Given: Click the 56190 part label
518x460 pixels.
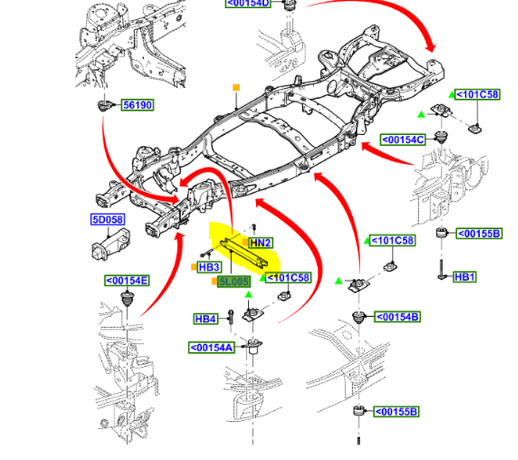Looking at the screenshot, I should tap(137, 106).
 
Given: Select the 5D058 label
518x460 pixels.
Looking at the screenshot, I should tap(107, 219).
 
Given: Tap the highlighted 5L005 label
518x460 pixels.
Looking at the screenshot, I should tap(234, 282).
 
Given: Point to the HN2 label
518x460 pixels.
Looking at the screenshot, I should tap(260, 243).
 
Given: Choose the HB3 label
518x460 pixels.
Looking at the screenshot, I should tap(209, 268).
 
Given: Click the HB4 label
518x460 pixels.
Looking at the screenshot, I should tap(205, 319).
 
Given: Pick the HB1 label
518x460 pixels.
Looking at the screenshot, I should tap(464, 277).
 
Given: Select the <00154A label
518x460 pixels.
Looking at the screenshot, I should tap(212, 348).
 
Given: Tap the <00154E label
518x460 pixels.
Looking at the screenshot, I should tap(126, 280).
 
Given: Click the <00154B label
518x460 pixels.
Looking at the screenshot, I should tap(398, 317).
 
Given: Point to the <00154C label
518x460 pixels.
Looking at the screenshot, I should tap(403, 139).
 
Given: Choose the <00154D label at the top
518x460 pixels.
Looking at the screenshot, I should tap(249, 4).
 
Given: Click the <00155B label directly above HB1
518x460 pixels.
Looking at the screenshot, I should tap(479, 234).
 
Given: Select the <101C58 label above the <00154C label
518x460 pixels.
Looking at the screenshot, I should tap(478, 95).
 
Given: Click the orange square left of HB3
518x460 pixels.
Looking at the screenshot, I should tap(193, 267).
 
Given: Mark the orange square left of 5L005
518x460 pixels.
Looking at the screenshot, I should tap(214, 282).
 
